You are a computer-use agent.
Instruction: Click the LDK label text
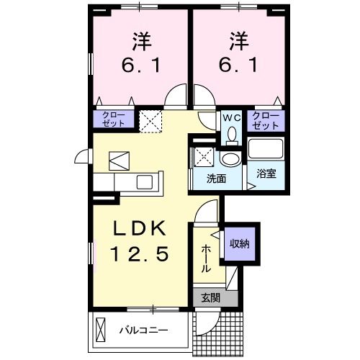[x=140, y=228]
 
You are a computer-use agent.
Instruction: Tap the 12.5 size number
[x=140, y=254]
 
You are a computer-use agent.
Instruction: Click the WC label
[x=232, y=118]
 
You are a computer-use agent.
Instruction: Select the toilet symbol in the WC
[x=232, y=136]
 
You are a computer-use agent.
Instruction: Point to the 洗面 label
[x=216, y=179]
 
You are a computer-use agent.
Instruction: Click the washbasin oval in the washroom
[x=230, y=158]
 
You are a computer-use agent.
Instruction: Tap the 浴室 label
[x=266, y=174]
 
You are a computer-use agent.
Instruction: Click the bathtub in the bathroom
[x=266, y=149]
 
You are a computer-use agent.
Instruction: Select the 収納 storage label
[x=240, y=244]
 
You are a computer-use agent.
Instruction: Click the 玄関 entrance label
[x=210, y=298]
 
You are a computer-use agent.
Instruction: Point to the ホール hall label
[x=206, y=258]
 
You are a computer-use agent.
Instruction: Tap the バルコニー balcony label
[x=144, y=330]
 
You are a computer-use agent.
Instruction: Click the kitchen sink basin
[x=145, y=182]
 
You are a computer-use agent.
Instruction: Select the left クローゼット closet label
[x=114, y=120]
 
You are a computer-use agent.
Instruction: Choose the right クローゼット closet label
[x=266, y=121]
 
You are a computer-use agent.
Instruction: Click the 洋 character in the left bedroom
[x=142, y=42]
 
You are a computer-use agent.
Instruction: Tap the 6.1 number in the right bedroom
[x=238, y=66]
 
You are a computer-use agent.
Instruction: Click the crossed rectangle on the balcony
[x=101, y=330]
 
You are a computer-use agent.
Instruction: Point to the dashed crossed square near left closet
[x=150, y=121]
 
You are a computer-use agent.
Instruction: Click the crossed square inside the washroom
[x=204, y=157]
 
